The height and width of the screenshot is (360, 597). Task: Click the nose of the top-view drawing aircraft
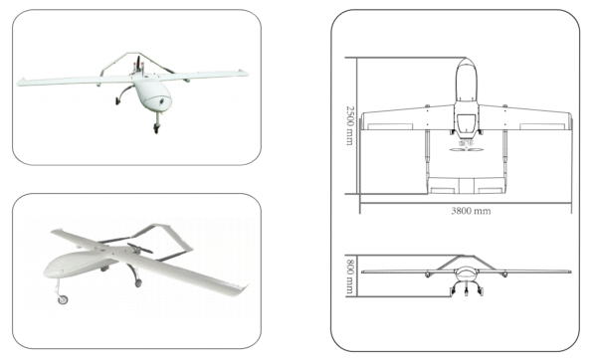[464, 66]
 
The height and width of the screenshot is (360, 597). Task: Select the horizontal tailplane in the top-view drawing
[464, 184]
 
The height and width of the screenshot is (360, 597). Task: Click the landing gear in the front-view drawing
[464, 289]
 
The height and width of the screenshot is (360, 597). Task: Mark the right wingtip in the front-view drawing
[567, 271]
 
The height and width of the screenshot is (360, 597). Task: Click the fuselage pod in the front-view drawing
[464, 273]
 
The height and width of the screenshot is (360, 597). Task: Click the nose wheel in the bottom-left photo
[64, 298]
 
